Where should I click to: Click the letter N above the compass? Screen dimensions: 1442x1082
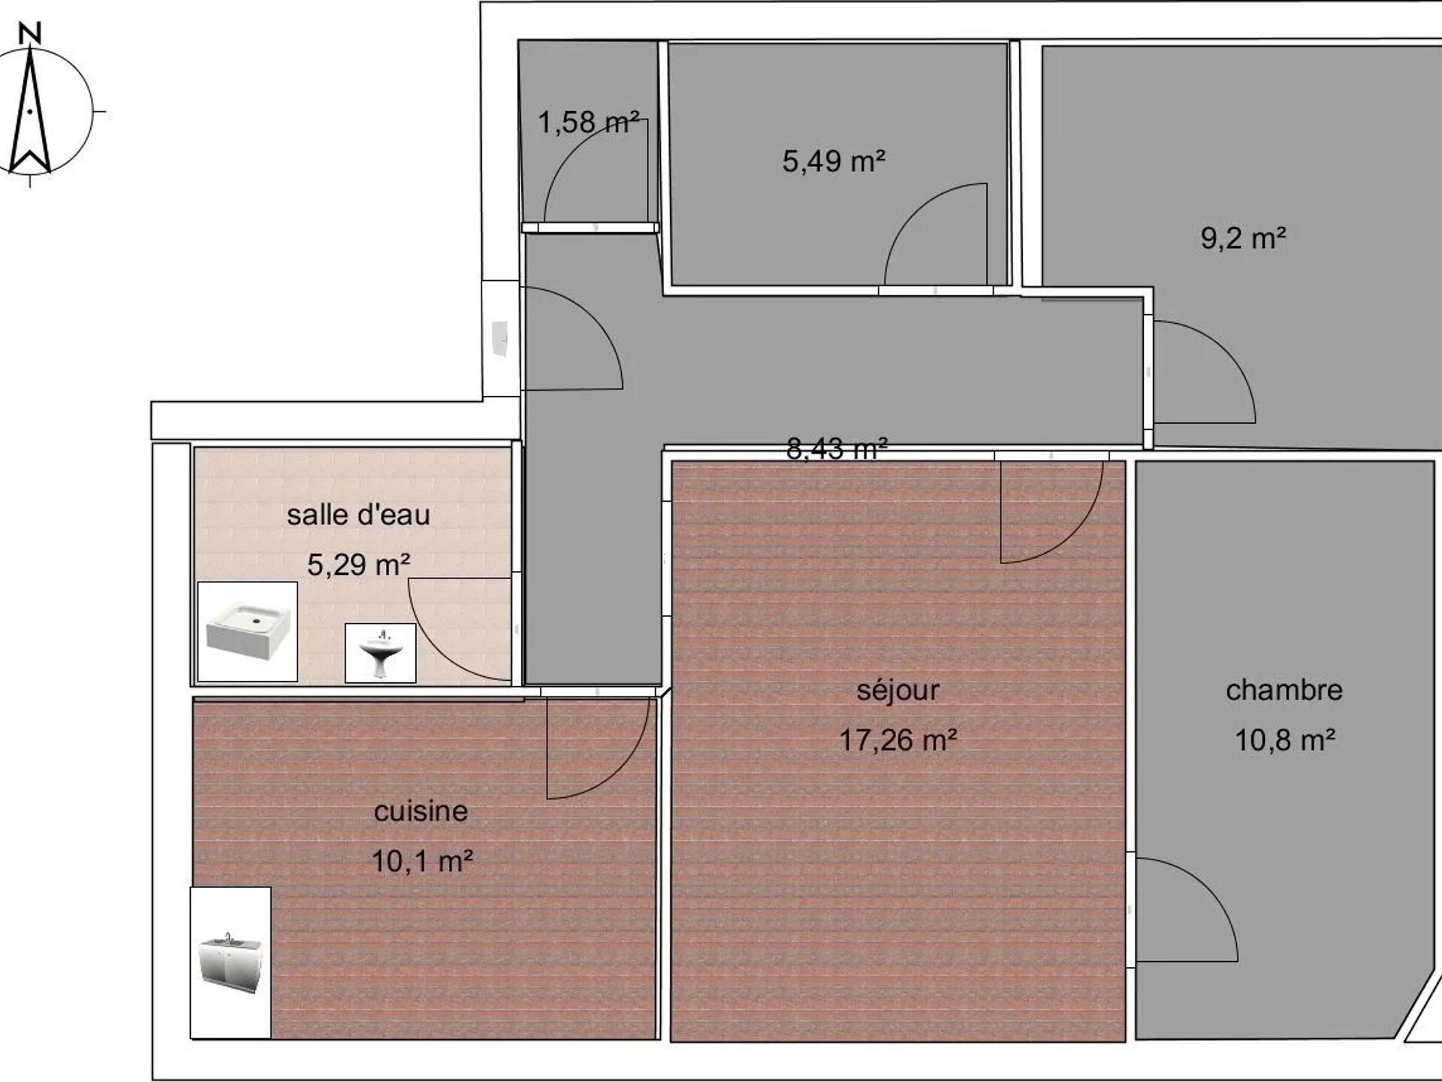29,33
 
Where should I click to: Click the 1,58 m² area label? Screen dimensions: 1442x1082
588,122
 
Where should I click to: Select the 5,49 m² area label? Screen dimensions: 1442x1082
834,161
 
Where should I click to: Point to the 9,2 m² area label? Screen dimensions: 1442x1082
1243,238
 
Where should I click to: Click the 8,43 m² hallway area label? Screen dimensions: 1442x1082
837,449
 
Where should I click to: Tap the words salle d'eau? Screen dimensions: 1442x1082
358,515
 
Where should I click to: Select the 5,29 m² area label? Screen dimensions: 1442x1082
358,564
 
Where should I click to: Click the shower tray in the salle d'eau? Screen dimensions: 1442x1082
247,631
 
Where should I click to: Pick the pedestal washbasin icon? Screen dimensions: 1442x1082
380,653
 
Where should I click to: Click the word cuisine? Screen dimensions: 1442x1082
421,811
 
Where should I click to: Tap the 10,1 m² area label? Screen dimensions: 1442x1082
422,860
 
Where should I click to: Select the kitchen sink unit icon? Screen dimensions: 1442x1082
230,963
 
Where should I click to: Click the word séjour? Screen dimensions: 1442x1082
897,690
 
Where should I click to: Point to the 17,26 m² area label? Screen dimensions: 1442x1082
897,740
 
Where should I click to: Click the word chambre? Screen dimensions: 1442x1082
1284,690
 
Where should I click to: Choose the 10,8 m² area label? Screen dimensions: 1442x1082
1285,740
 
